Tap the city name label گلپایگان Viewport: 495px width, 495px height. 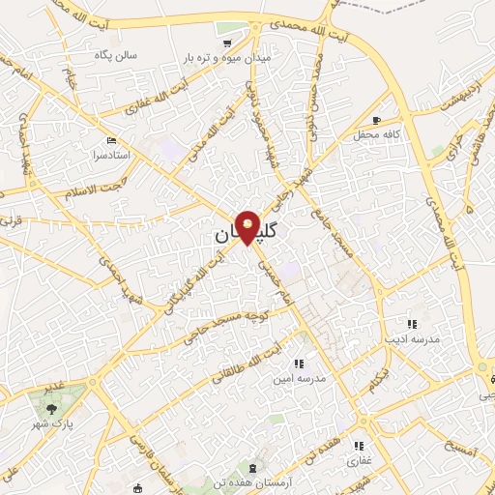[247, 235]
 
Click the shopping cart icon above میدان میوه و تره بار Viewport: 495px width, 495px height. [227, 44]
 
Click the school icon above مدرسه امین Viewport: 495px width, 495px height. [298, 364]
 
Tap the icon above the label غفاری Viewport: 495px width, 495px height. [359, 446]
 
